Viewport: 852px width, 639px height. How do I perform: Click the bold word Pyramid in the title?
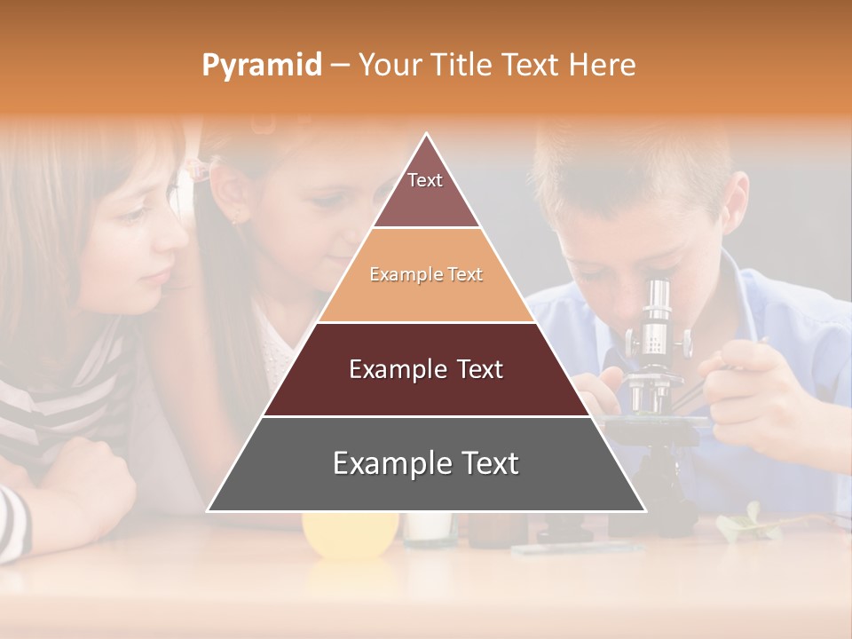(x=261, y=66)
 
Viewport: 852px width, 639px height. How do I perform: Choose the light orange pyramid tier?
(x=426, y=275)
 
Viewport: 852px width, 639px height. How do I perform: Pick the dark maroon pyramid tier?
(x=426, y=369)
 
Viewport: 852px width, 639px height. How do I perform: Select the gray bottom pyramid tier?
(x=426, y=464)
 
